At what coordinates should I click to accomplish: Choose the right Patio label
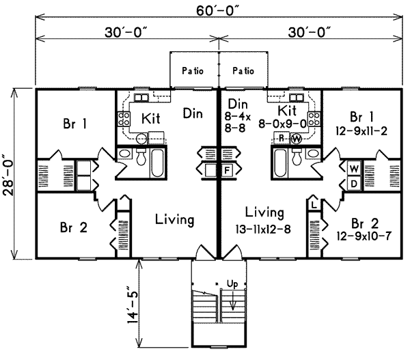(243, 70)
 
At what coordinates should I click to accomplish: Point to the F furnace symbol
(227, 169)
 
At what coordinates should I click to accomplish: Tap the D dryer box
(354, 183)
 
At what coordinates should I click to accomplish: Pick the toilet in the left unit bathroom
(141, 158)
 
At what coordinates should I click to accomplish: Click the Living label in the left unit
(174, 220)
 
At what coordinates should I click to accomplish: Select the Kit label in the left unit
(151, 118)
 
